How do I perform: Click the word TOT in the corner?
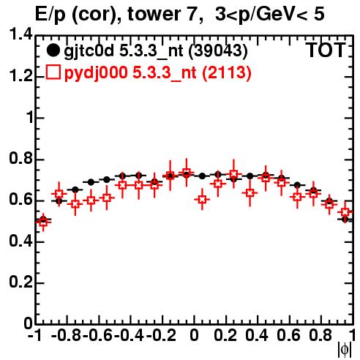tap(326, 50)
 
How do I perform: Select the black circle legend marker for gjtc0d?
tap(53, 50)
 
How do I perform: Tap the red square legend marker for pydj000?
tap(53, 72)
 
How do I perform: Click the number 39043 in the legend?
tap(218, 50)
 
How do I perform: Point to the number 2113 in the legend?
tap(227, 72)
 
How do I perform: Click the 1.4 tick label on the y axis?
tap(21, 34)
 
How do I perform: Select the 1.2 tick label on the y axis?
tap(21, 76)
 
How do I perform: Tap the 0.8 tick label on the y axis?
tap(21, 158)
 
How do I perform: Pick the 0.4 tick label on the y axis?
tap(21, 241)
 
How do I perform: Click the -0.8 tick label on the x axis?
tap(66, 335)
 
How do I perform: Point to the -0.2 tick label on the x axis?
tap(161, 335)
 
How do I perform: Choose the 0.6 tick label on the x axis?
tap(288, 335)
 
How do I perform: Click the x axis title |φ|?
tap(345, 350)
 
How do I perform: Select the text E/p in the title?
tap(50, 15)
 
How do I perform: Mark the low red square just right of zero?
tap(202, 200)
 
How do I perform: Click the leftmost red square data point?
tap(43, 222)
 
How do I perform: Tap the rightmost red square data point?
tap(345, 212)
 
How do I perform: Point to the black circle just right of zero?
tap(202, 176)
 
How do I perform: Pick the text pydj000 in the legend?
tap(96, 72)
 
